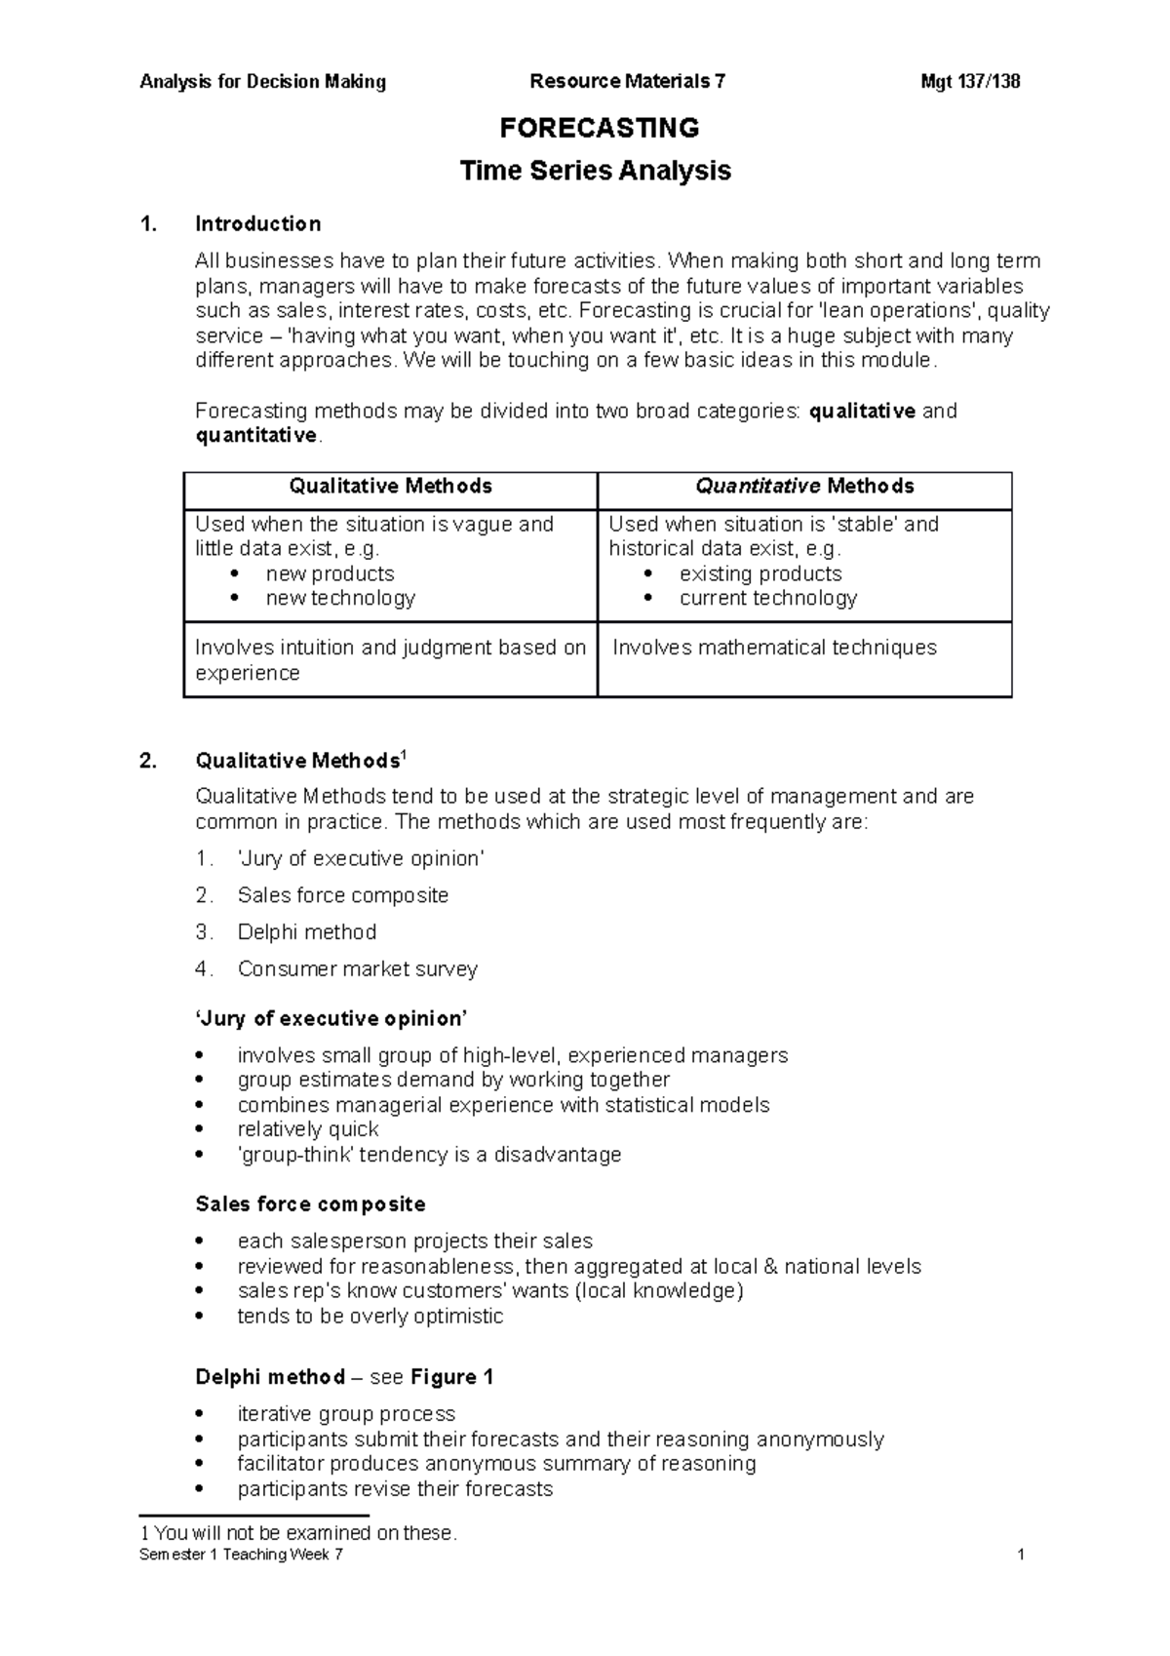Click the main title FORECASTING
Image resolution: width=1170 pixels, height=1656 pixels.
(599, 128)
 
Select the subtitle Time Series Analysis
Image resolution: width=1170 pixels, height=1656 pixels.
(595, 171)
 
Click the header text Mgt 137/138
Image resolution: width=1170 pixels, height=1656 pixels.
(970, 82)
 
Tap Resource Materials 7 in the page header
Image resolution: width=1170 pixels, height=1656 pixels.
(627, 82)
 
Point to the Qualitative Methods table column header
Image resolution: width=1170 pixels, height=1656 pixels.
(390, 486)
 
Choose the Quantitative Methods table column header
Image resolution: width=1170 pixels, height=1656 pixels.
(804, 486)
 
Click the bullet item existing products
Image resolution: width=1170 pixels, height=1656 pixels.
(760, 573)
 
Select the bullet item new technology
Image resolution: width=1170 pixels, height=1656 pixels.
(340, 598)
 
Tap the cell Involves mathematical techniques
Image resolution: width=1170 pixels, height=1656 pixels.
(774, 648)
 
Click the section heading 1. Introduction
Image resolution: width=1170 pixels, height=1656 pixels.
(257, 224)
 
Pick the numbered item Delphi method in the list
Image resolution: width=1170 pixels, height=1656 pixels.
(306, 932)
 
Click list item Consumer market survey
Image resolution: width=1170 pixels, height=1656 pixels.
(357, 969)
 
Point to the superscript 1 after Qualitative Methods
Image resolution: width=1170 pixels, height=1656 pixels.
(405, 755)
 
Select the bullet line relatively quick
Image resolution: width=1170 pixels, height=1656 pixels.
(307, 1129)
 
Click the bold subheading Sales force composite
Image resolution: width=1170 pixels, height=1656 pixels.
(310, 1204)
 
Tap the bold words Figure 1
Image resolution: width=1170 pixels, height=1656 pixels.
(451, 1377)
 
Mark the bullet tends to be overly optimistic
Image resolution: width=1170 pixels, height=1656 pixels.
(370, 1317)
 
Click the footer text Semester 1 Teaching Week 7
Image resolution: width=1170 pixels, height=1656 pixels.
(241, 1555)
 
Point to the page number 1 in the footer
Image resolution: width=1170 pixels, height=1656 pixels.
(1020, 1555)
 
